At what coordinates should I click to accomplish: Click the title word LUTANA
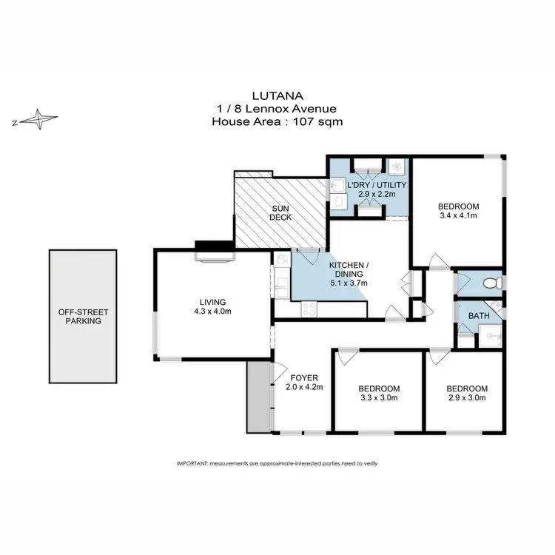click(277, 96)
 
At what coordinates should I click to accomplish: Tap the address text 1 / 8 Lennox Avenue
click(277, 109)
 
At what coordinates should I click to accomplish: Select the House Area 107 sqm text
click(277, 122)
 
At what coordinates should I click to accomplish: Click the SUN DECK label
click(280, 212)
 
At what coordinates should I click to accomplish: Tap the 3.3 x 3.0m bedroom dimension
click(379, 398)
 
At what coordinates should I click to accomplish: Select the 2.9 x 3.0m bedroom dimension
click(467, 398)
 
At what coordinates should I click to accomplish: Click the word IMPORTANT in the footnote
click(192, 462)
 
